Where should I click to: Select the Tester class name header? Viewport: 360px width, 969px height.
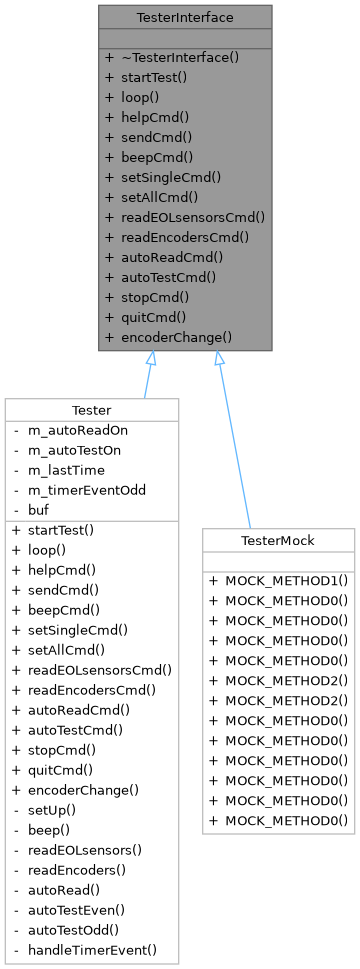pos(92,409)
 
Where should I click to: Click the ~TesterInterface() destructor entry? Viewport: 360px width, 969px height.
pos(179,57)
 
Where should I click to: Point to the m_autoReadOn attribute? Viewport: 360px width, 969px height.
pos(77,430)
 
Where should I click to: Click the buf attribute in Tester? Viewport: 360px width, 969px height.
pos(39,510)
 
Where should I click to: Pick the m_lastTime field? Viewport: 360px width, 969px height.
pos(67,470)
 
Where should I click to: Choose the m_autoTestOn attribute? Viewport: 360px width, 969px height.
pos(76,450)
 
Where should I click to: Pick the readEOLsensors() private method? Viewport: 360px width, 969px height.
pos(85,849)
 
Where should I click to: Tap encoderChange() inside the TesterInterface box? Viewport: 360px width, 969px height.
pos(176,337)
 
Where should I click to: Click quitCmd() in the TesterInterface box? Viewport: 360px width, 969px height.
pos(156,317)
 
